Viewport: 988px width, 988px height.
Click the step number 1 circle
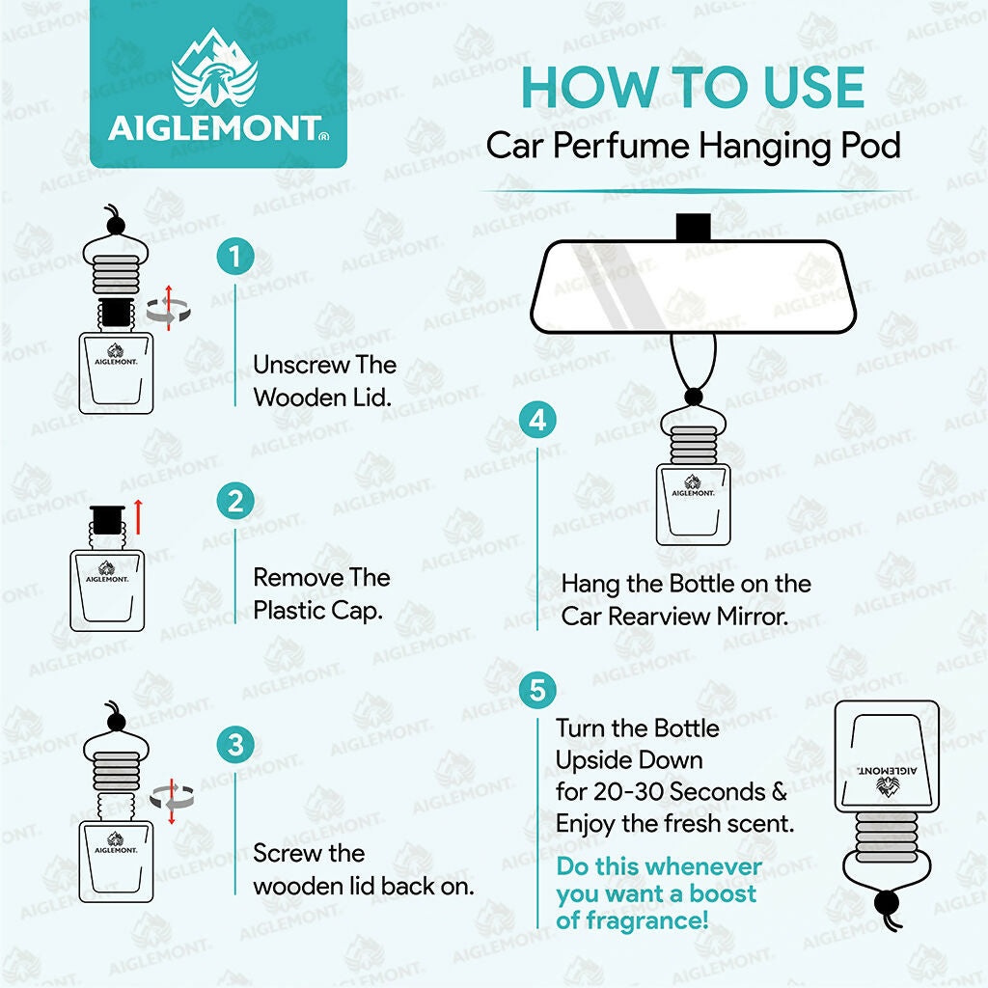235,257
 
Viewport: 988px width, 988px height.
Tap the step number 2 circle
235,502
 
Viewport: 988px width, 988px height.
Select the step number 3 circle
235,745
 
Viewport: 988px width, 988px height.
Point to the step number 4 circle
537,420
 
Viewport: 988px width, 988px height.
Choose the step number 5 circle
537,689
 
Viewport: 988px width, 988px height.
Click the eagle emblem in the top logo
215,69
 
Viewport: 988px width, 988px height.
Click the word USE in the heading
813,88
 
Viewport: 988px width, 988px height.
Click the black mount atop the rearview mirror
693,228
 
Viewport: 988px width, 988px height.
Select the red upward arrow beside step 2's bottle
138,517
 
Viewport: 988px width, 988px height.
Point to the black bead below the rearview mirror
693,397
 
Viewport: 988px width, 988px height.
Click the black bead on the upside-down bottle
888,902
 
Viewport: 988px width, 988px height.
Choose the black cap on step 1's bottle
117,313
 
